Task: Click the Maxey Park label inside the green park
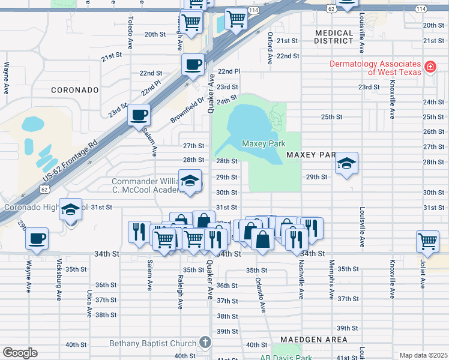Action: [263, 143]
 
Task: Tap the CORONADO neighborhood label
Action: [74, 90]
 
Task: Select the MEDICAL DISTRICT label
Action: [334, 37]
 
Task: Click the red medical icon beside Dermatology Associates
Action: [430, 67]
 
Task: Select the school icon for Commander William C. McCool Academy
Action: [190, 181]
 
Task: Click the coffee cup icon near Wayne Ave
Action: [37, 238]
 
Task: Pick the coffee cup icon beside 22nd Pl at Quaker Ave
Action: [193, 64]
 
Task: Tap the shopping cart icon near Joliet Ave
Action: [427, 241]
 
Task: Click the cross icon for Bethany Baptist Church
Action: [205, 343]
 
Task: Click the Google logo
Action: [20, 352]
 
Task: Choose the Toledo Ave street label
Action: [129, 32]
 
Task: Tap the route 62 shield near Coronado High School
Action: [45, 188]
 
